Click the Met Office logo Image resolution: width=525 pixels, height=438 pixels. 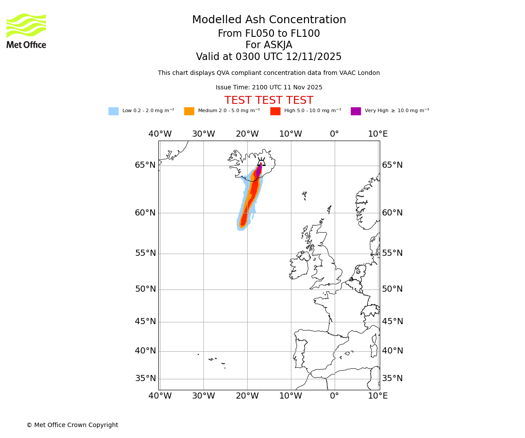[x=26, y=31]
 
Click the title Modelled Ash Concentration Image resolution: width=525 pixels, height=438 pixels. [x=269, y=20]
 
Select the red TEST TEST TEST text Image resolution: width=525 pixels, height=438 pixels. [x=269, y=100]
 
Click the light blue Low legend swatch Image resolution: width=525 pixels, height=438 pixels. [x=113, y=111]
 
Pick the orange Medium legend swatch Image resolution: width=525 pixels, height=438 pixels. [x=189, y=111]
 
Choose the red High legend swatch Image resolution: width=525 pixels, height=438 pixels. [x=275, y=111]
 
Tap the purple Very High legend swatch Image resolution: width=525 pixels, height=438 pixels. [x=356, y=111]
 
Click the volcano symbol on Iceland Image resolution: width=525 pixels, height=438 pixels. [x=261, y=162]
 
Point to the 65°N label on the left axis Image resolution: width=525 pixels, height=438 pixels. [x=145, y=165]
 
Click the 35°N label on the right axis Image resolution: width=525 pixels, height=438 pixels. [x=392, y=378]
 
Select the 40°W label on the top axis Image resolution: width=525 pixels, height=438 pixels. [x=160, y=134]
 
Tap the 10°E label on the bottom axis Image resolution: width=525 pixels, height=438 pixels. [x=378, y=396]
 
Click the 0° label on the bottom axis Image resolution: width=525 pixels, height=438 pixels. [x=334, y=396]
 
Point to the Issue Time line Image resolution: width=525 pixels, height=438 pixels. [x=269, y=88]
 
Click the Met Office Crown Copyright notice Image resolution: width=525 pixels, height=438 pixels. [x=72, y=425]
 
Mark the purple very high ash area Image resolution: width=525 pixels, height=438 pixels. [x=259, y=171]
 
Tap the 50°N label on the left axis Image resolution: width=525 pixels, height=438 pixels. [x=145, y=289]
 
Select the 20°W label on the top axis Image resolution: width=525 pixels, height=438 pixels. [x=247, y=134]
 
